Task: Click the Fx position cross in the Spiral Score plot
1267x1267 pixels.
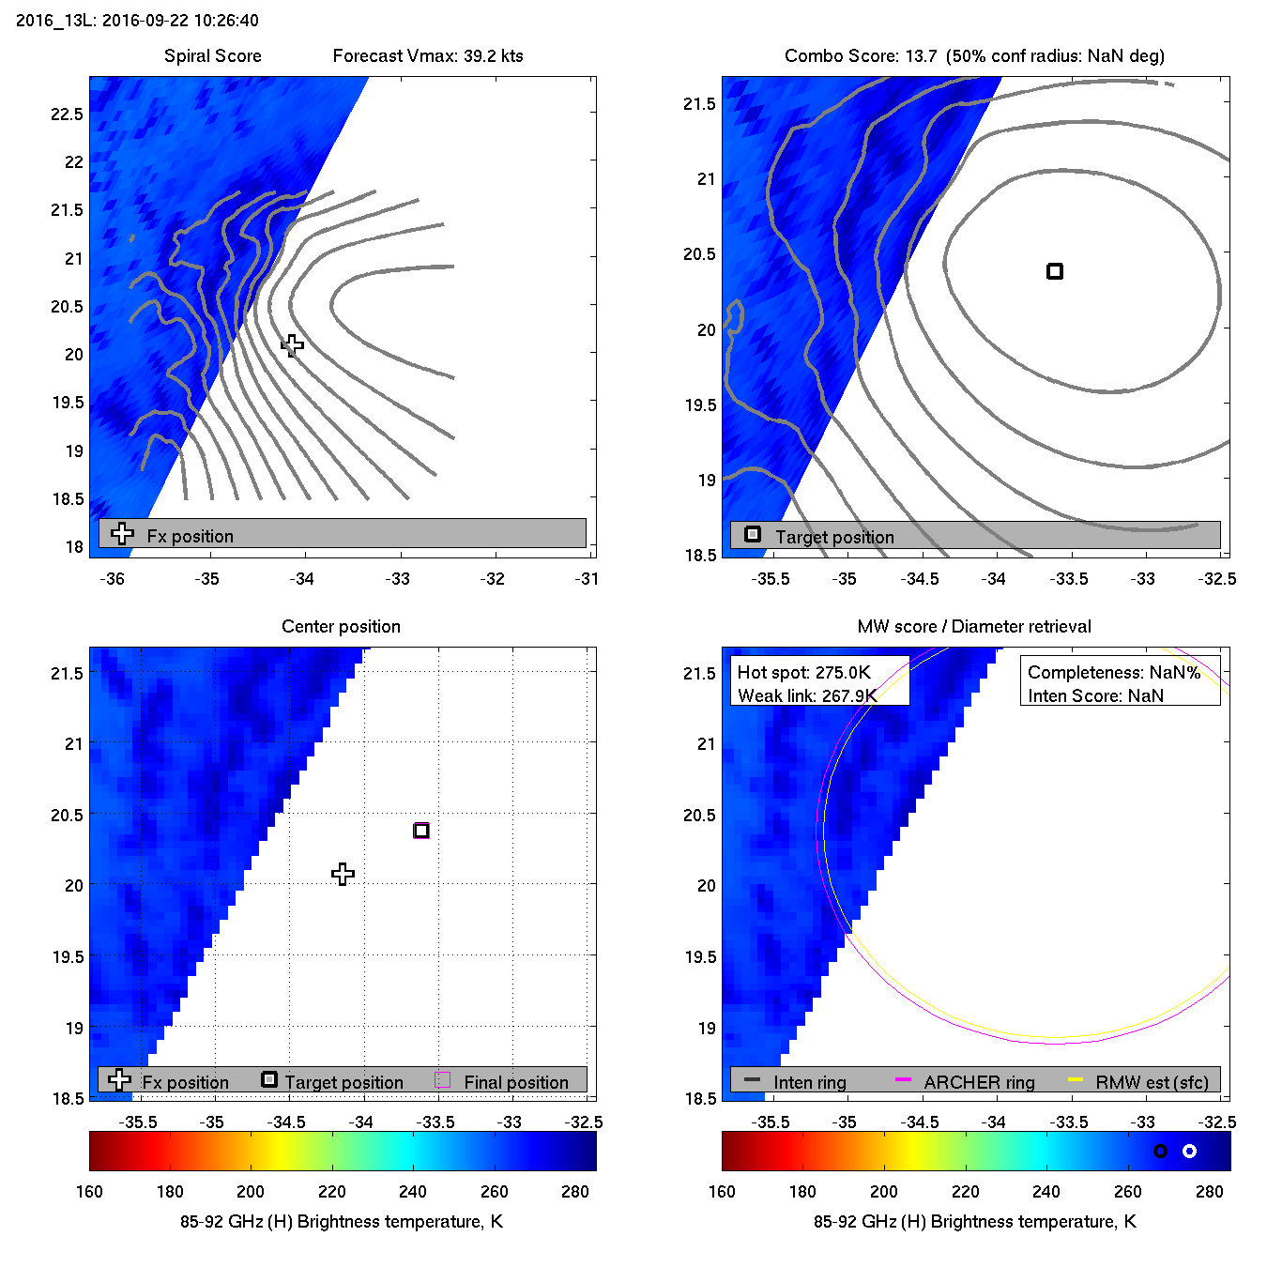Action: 292,345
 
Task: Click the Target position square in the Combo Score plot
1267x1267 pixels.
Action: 1055,271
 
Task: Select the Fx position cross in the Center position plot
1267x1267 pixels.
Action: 343,874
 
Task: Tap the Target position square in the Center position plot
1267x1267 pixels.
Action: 421,831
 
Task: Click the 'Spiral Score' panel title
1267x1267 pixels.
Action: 212,56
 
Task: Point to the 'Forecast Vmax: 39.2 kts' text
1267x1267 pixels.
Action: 428,56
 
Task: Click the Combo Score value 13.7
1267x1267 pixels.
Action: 921,56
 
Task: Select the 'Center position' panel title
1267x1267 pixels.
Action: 341,627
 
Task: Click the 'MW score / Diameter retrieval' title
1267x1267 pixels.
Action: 974,627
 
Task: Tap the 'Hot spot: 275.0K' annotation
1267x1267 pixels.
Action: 804,673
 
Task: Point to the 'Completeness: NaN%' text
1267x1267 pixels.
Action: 1114,673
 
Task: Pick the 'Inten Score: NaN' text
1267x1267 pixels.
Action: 1095,695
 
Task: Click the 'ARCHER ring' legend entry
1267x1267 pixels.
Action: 979,1082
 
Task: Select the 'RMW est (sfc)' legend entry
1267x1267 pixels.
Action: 1152,1082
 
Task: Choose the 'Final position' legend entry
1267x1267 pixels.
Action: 516,1082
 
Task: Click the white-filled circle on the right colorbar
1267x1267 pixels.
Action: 1189,1151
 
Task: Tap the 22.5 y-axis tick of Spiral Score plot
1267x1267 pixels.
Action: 67,114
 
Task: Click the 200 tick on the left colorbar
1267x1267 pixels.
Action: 251,1192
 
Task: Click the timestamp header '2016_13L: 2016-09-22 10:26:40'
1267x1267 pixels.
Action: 137,20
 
